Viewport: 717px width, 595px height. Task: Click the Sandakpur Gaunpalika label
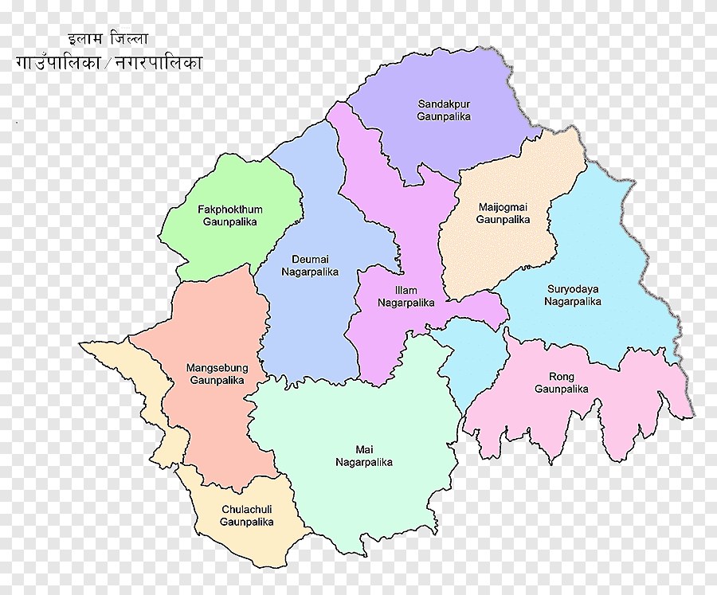[x=444, y=110]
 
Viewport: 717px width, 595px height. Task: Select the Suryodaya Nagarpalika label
[x=573, y=295]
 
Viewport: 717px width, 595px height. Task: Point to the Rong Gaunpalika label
[x=562, y=383]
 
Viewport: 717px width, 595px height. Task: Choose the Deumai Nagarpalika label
[x=310, y=265]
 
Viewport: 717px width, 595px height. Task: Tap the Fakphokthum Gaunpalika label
[x=230, y=215]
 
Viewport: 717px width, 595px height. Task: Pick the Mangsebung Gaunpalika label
[x=217, y=374]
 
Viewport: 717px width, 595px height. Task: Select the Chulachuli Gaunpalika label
[x=247, y=515]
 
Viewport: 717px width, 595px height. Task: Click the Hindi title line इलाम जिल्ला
[x=108, y=38]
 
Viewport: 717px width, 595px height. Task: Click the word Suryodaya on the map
[x=573, y=288]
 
